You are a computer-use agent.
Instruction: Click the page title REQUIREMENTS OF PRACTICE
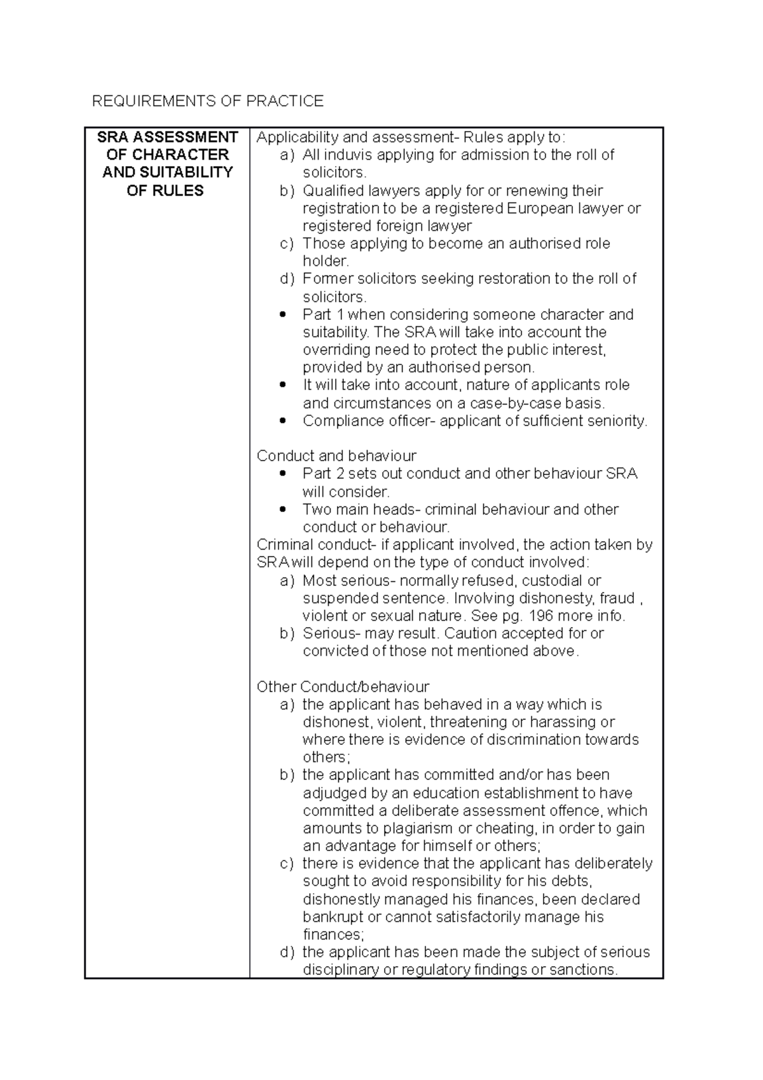[x=208, y=101]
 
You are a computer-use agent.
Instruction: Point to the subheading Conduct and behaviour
[x=336, y=456]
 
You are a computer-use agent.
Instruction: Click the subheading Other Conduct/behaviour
[x=343, y=687]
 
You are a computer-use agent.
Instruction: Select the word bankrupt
[x=333, y=917]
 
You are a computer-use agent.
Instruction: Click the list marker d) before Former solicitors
[x=287, y=279]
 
